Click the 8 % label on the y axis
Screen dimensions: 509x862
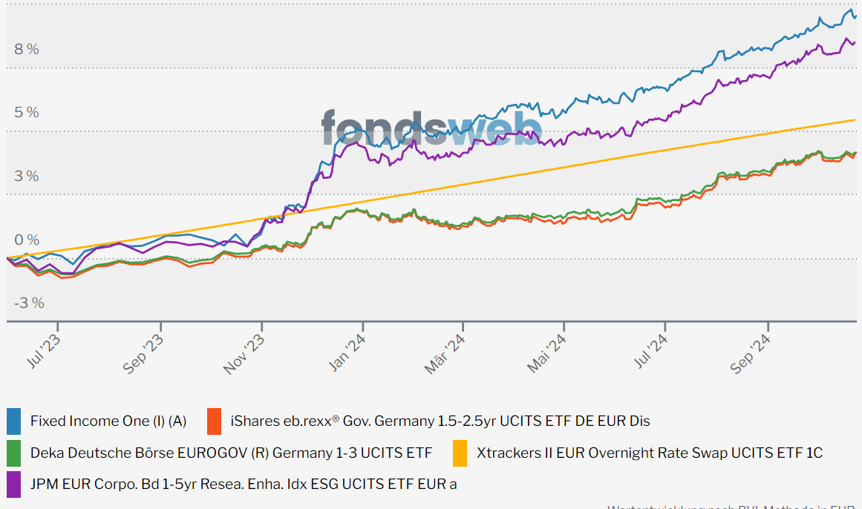27,50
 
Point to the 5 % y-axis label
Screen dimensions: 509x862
27,113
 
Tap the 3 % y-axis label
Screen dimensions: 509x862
27,177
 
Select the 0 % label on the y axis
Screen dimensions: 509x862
27,240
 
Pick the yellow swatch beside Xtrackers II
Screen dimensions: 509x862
460,453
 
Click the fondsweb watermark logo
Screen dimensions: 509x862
431,127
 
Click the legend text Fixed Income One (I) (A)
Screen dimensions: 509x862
108,421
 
